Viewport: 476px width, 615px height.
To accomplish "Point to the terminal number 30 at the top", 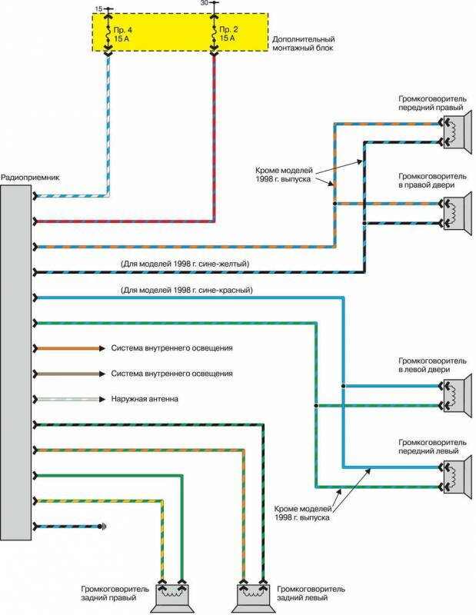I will (x=204, y=4).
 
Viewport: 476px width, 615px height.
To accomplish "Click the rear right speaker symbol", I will (x=171, y=593).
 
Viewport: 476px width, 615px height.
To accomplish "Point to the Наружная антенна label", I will (x=147, y=400).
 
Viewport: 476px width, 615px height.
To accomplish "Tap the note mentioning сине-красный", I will (x=187, y=291).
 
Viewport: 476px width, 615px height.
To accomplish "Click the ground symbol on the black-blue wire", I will (x=102, y=527).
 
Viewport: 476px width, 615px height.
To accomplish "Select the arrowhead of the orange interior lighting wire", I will (x=101, y=348).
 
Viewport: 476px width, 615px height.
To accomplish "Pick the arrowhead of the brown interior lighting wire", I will (x=101, y=374).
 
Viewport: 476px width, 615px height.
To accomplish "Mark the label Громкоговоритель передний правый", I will (x=431, y=102).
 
